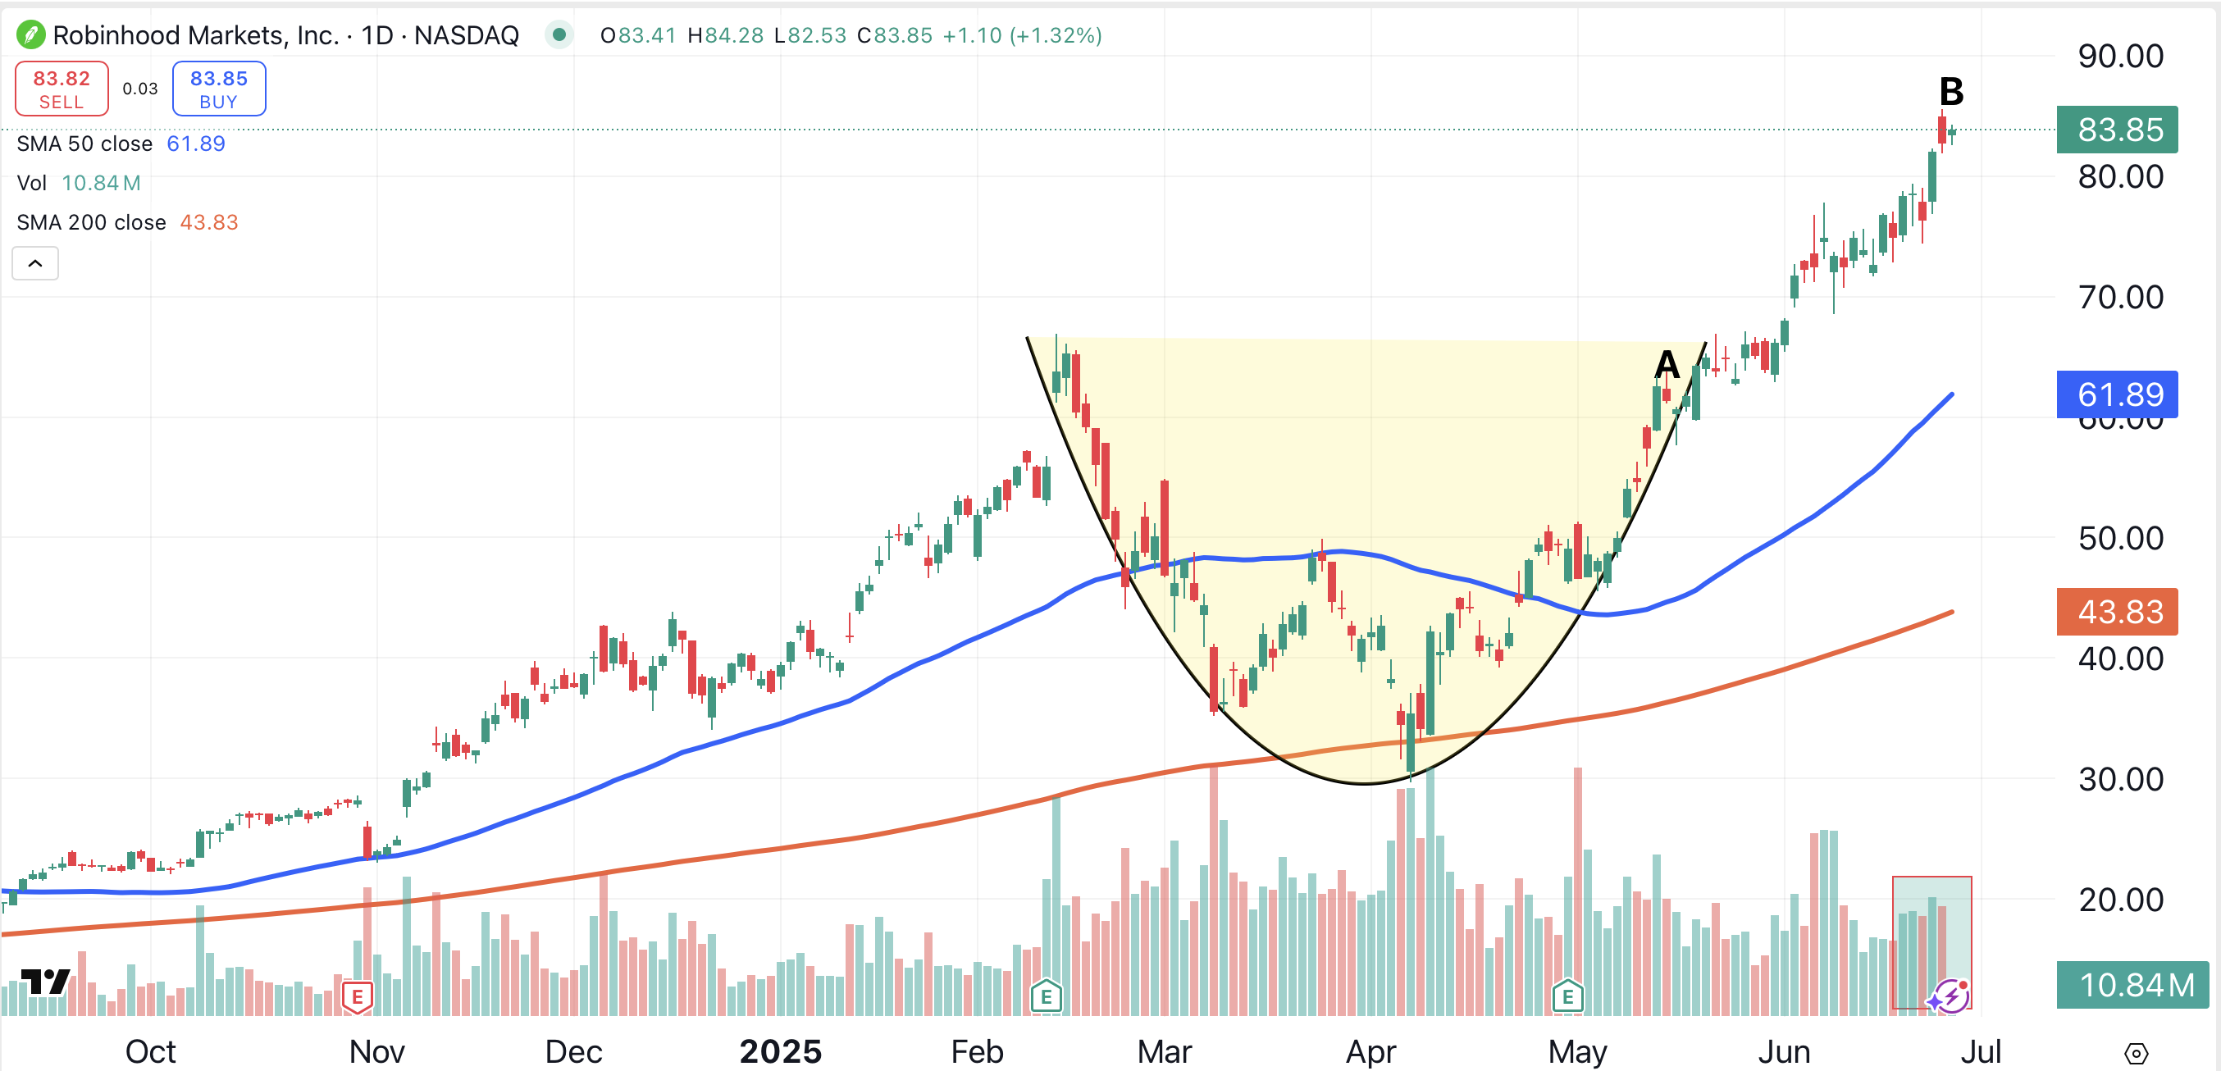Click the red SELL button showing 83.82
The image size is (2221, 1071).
point(62,88)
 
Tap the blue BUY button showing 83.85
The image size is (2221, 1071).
point(218,88)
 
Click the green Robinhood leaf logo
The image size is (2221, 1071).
point(30,35)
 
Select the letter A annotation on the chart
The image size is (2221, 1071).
point(1667,365)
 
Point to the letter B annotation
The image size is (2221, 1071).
point(1950,91)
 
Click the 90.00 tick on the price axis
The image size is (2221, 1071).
point(2120,56)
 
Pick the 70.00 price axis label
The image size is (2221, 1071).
point(2120,298)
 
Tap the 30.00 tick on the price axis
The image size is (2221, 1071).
point(2120,780)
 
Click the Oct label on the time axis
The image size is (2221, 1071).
point(150,1052)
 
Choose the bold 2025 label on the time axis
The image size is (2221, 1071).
point(780,1052)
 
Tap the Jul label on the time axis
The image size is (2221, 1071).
point(1981,1052)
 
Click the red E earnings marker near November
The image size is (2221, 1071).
point(357,997)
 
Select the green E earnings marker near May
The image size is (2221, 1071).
point(1567,997)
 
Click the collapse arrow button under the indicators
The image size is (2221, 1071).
point(35,263)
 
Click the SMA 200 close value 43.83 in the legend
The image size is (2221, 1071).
point(208,222)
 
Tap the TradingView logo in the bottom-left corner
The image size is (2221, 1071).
point(45,982)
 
